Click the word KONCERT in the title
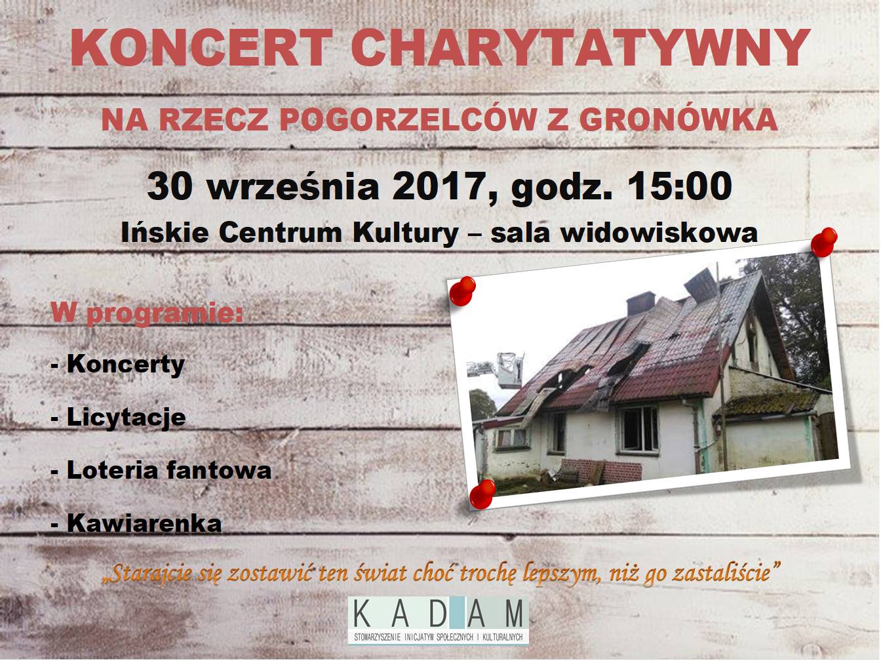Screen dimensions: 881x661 201,47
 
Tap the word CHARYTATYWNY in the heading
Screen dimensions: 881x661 580,47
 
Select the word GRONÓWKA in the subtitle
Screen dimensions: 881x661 678,119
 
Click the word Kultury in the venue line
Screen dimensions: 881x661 406,233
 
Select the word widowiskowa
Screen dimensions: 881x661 659,232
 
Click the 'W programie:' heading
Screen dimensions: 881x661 147,313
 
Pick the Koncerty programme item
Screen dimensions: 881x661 119,365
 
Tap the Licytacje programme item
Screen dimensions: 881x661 119,418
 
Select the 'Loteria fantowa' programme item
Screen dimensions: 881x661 162,470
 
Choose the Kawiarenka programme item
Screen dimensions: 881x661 136,523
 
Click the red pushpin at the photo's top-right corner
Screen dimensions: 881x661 823,241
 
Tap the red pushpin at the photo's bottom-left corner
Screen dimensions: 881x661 483,493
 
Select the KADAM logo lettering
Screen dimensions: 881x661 439,614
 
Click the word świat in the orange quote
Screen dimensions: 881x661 380,573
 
